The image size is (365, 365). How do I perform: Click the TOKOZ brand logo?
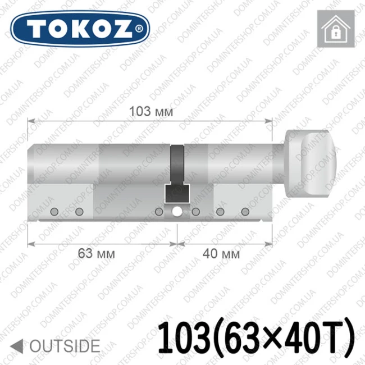pos(80,29)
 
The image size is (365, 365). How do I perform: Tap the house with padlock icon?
pos(336,29)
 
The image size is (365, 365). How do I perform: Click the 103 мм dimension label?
pos(151,111)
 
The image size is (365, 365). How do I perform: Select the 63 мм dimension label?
pos(96,253)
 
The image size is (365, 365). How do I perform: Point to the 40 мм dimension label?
pos(221,253)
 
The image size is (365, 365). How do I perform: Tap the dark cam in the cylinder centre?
pos(177,174)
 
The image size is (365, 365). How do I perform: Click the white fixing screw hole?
pos(177,211)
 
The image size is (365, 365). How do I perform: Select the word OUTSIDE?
pos(65,346)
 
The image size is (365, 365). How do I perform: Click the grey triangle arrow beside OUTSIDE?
pos(17,346)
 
